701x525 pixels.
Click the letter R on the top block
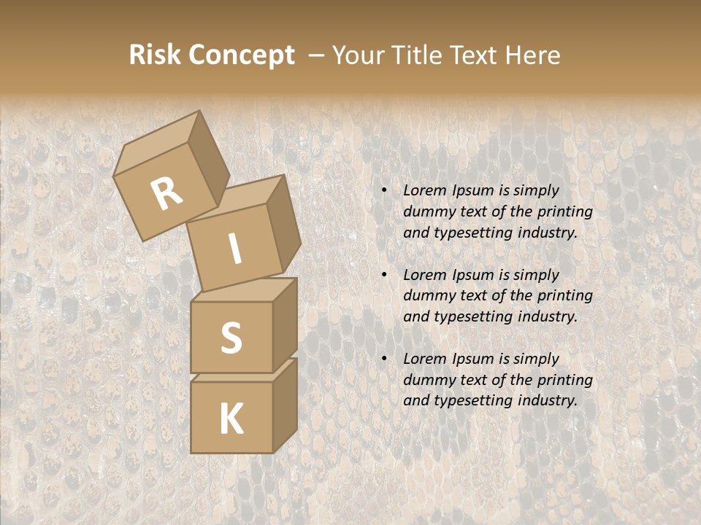click(167, 195)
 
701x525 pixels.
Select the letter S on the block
click(231, 338)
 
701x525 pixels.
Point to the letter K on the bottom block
click(231, 419)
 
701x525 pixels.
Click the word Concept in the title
click(240, 55)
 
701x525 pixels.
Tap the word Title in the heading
click(418, 55)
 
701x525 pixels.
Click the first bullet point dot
click(384, 191)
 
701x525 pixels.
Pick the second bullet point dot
click(384, 276)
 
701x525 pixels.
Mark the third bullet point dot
click(384, 359)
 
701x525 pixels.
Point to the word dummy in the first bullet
click(426, 212)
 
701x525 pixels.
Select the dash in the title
click(317, 55)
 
